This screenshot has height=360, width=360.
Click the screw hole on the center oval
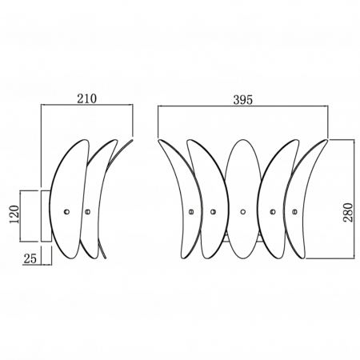242,212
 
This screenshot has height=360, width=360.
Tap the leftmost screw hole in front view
190,212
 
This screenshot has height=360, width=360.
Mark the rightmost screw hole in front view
294,212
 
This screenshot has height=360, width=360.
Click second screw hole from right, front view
273,212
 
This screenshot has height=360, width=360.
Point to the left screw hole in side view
67,212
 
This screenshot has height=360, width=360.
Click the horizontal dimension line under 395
243,108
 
